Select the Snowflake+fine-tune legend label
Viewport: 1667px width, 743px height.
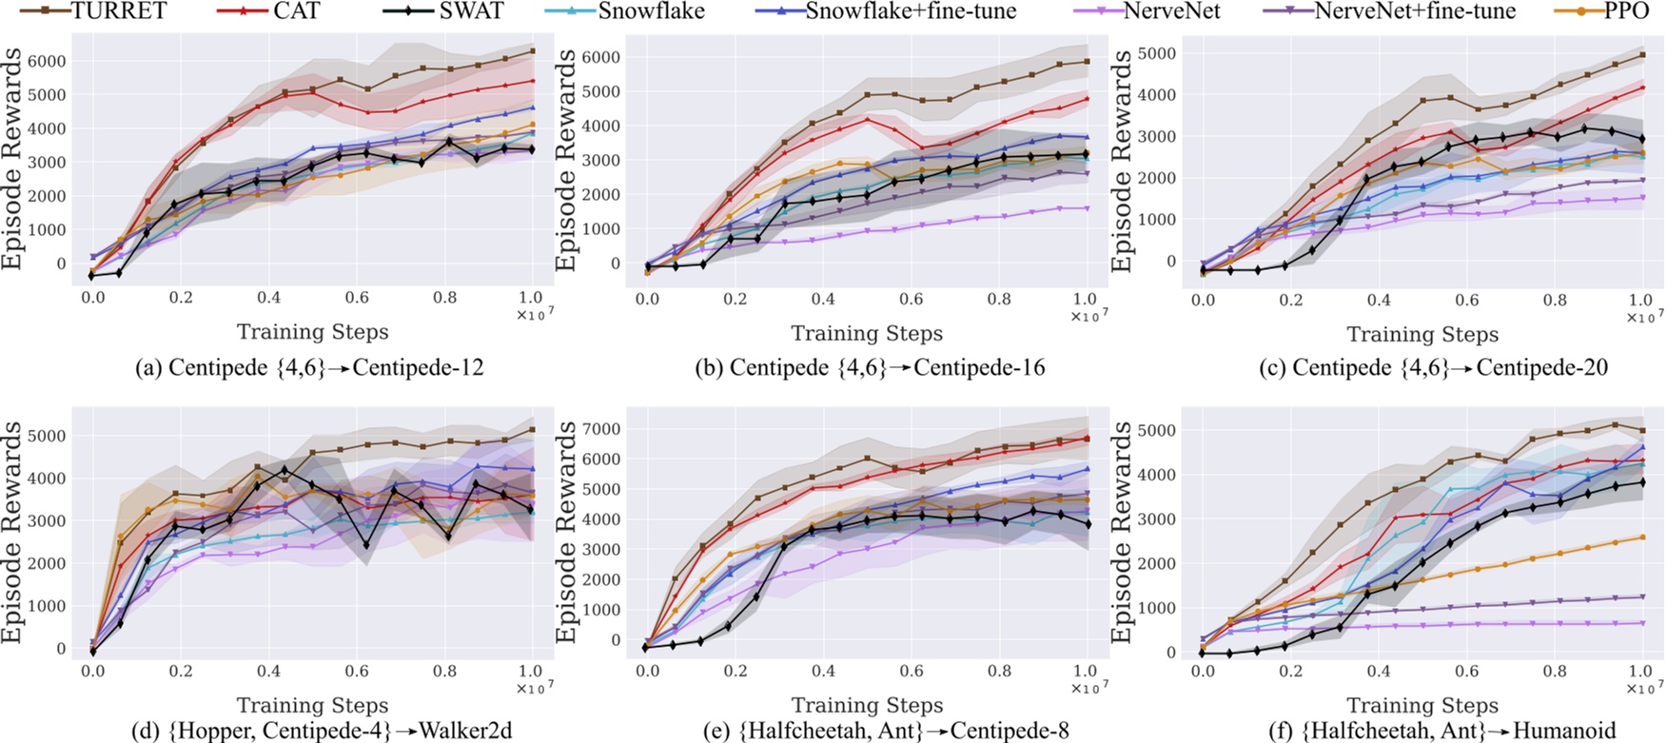[x=910, y=11]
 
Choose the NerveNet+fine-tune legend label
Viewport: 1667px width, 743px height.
[x=1415, y=11]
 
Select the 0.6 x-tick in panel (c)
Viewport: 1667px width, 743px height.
[x=1466, y=300]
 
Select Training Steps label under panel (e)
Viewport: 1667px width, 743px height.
[x=867, y=705]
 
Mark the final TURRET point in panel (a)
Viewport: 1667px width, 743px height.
[x=532, y=50]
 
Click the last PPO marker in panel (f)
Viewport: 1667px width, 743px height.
[x=1642, y=538]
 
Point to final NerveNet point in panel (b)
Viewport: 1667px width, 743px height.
[x=1087, y=207]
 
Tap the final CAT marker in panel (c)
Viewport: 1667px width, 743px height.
[x=1642, y=88]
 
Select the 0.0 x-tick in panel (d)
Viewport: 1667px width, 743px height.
[x=93, y=672]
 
